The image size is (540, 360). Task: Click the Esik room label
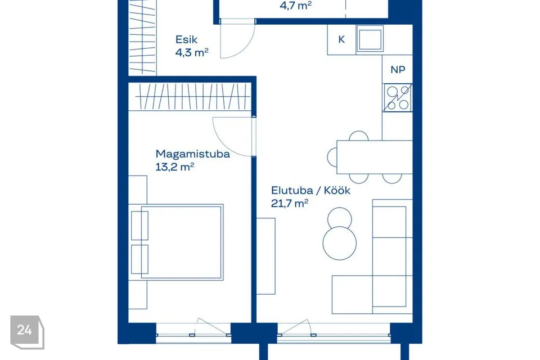(186, 39)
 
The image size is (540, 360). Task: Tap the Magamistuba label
(192, 154)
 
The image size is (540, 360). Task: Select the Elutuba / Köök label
(310, 191)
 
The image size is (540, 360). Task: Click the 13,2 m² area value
(175, 167)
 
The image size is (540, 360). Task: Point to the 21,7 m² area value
(290, 204)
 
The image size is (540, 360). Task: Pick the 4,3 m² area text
(192, 53)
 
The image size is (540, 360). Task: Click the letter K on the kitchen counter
(341, 39)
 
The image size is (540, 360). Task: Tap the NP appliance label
(398, 70)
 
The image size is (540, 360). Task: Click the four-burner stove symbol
(398, 98)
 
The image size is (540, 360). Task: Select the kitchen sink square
(370, 39)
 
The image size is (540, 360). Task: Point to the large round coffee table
(340, 243)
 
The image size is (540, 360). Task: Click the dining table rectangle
(375, 157)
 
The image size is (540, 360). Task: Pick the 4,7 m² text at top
(296, 6)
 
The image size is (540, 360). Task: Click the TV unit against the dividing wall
(266, 256)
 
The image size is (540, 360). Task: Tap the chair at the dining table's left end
(332, 157)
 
